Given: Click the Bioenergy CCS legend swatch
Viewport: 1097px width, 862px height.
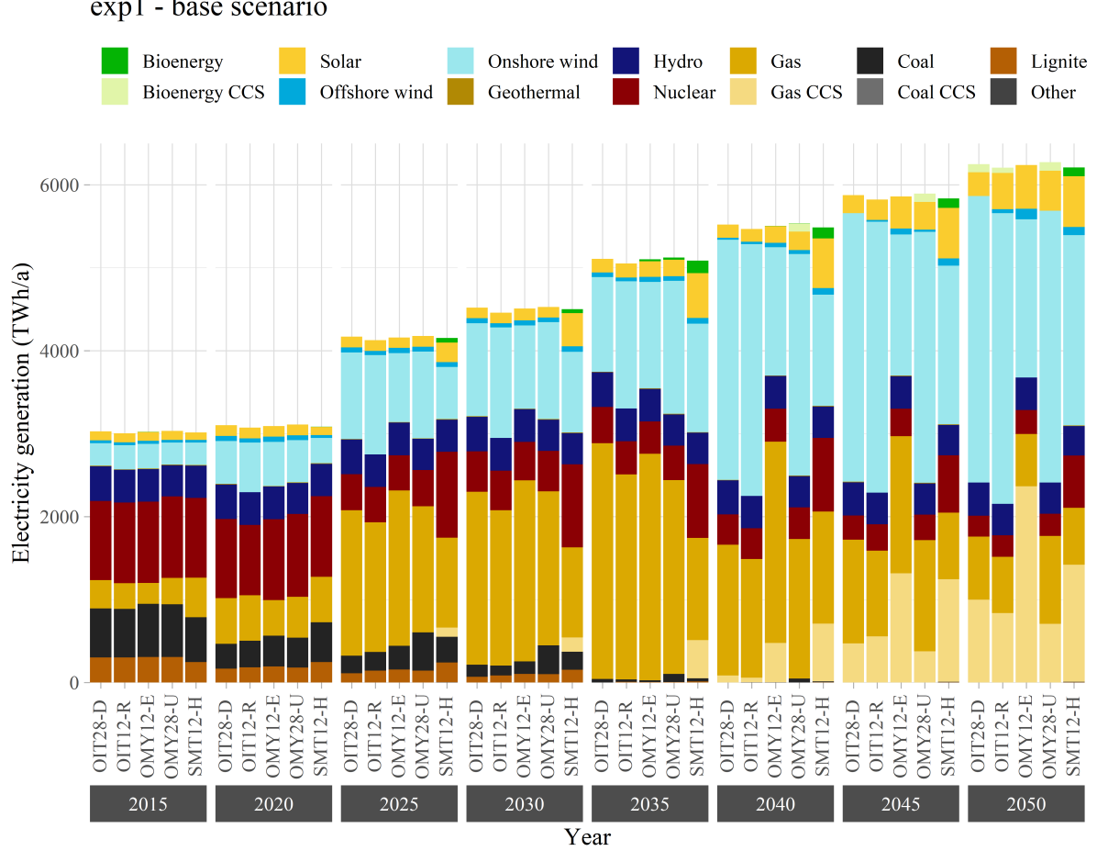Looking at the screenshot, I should pyautogui.click(x=115, y=92).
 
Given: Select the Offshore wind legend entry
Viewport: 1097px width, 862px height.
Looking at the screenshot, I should pyautogui.click(x=375, y=92).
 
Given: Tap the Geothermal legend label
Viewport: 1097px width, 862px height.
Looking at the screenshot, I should pyautogui.click(x=534, y=92).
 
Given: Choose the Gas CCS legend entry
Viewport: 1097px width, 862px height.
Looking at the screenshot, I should pyautogui.click(x=806, y=92).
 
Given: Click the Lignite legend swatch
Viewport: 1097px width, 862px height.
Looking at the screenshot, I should pyautogui.click(x=1006, y=62).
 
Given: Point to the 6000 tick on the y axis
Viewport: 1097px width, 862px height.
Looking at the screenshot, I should pyautogui.click(x=61, y=185).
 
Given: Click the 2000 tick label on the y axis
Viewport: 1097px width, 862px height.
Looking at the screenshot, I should pyautogui.click(x=61, y=517).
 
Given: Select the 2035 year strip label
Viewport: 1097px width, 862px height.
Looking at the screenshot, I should pyautogui.click(x=649, y=805).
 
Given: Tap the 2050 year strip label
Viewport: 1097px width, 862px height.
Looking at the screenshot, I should pyautogui.click(x=1025, y=805).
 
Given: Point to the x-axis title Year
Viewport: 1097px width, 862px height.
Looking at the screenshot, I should pyautogui.click(x=587, y=837).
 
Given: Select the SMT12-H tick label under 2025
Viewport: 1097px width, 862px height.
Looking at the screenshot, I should pyautogui.click(x=447, y=733).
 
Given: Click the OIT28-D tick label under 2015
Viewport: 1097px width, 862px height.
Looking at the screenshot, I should pyautogui.click(x=101, y=733).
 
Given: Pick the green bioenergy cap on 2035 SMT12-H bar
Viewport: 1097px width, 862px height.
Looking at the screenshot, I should pyautogui.click(x=698, y=267).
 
